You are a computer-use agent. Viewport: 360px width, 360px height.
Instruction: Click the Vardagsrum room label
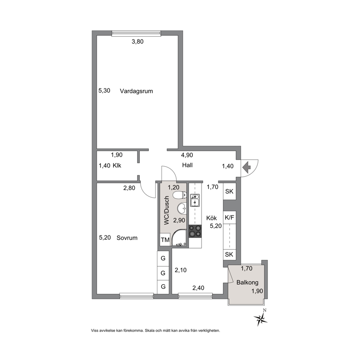[136, 91]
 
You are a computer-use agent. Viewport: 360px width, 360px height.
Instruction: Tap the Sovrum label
[127, 238]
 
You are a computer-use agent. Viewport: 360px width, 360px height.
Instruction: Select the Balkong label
[247, 282]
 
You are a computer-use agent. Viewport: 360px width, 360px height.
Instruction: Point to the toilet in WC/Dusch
[180, 195]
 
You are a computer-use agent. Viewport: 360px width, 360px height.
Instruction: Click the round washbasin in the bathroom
[183, 208]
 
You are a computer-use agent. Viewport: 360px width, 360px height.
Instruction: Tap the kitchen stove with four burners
[195, 231]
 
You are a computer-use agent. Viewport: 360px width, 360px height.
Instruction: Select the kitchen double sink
[195, 200]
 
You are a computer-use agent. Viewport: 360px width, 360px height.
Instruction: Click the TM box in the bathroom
[165, 240]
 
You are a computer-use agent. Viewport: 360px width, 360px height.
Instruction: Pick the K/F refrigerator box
[230, 217]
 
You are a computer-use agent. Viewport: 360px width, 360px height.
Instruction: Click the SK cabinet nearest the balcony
[230, 254]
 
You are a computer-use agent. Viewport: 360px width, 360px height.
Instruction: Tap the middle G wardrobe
[163, 273]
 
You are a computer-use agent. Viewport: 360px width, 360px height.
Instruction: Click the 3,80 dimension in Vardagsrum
[137, 42]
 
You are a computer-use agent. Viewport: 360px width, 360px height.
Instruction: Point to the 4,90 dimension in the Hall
[187, 155]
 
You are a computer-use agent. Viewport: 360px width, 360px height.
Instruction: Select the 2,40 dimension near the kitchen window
[199, 288]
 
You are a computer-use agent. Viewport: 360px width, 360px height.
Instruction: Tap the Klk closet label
[117, 165]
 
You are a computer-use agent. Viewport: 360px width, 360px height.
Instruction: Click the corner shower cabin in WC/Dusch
[180, 239]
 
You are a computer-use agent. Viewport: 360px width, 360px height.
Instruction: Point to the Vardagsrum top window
[136, 33]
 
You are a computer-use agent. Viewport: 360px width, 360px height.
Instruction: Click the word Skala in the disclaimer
[150, 331]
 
